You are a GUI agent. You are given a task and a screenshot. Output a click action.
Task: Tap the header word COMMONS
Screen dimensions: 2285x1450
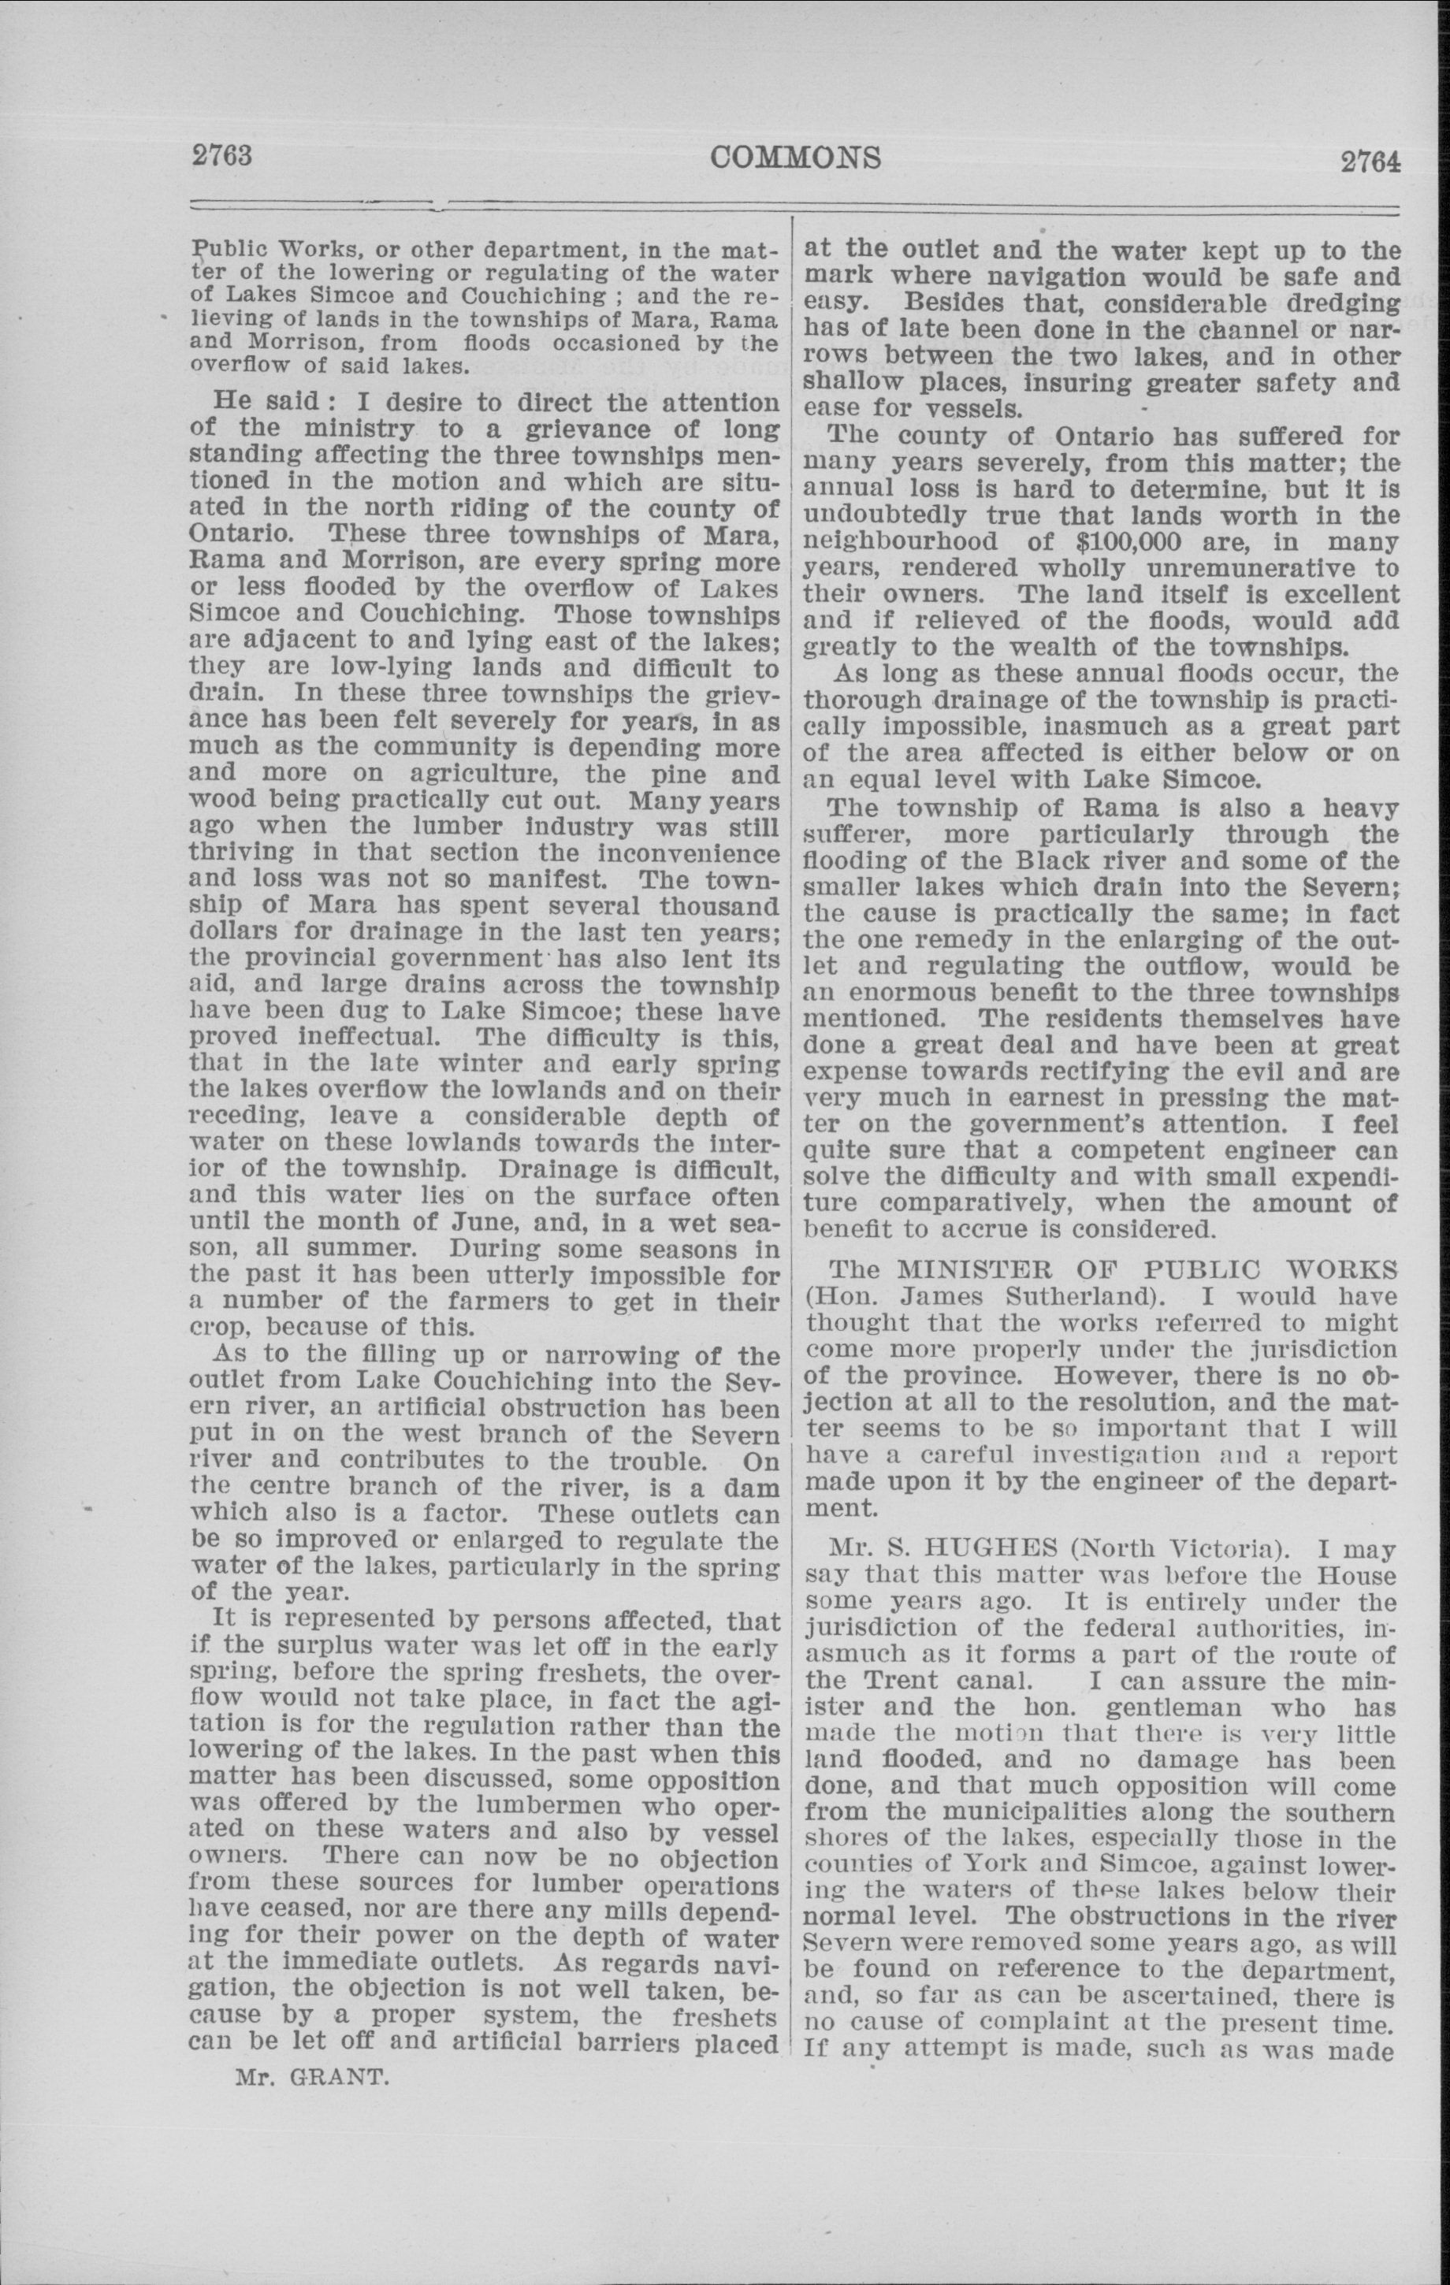click(795, 157)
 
